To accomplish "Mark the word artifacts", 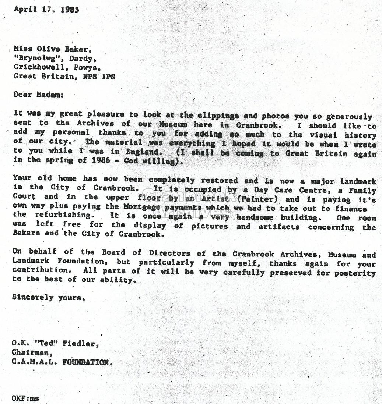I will (278, 227).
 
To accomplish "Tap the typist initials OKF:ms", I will (25, 398).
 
